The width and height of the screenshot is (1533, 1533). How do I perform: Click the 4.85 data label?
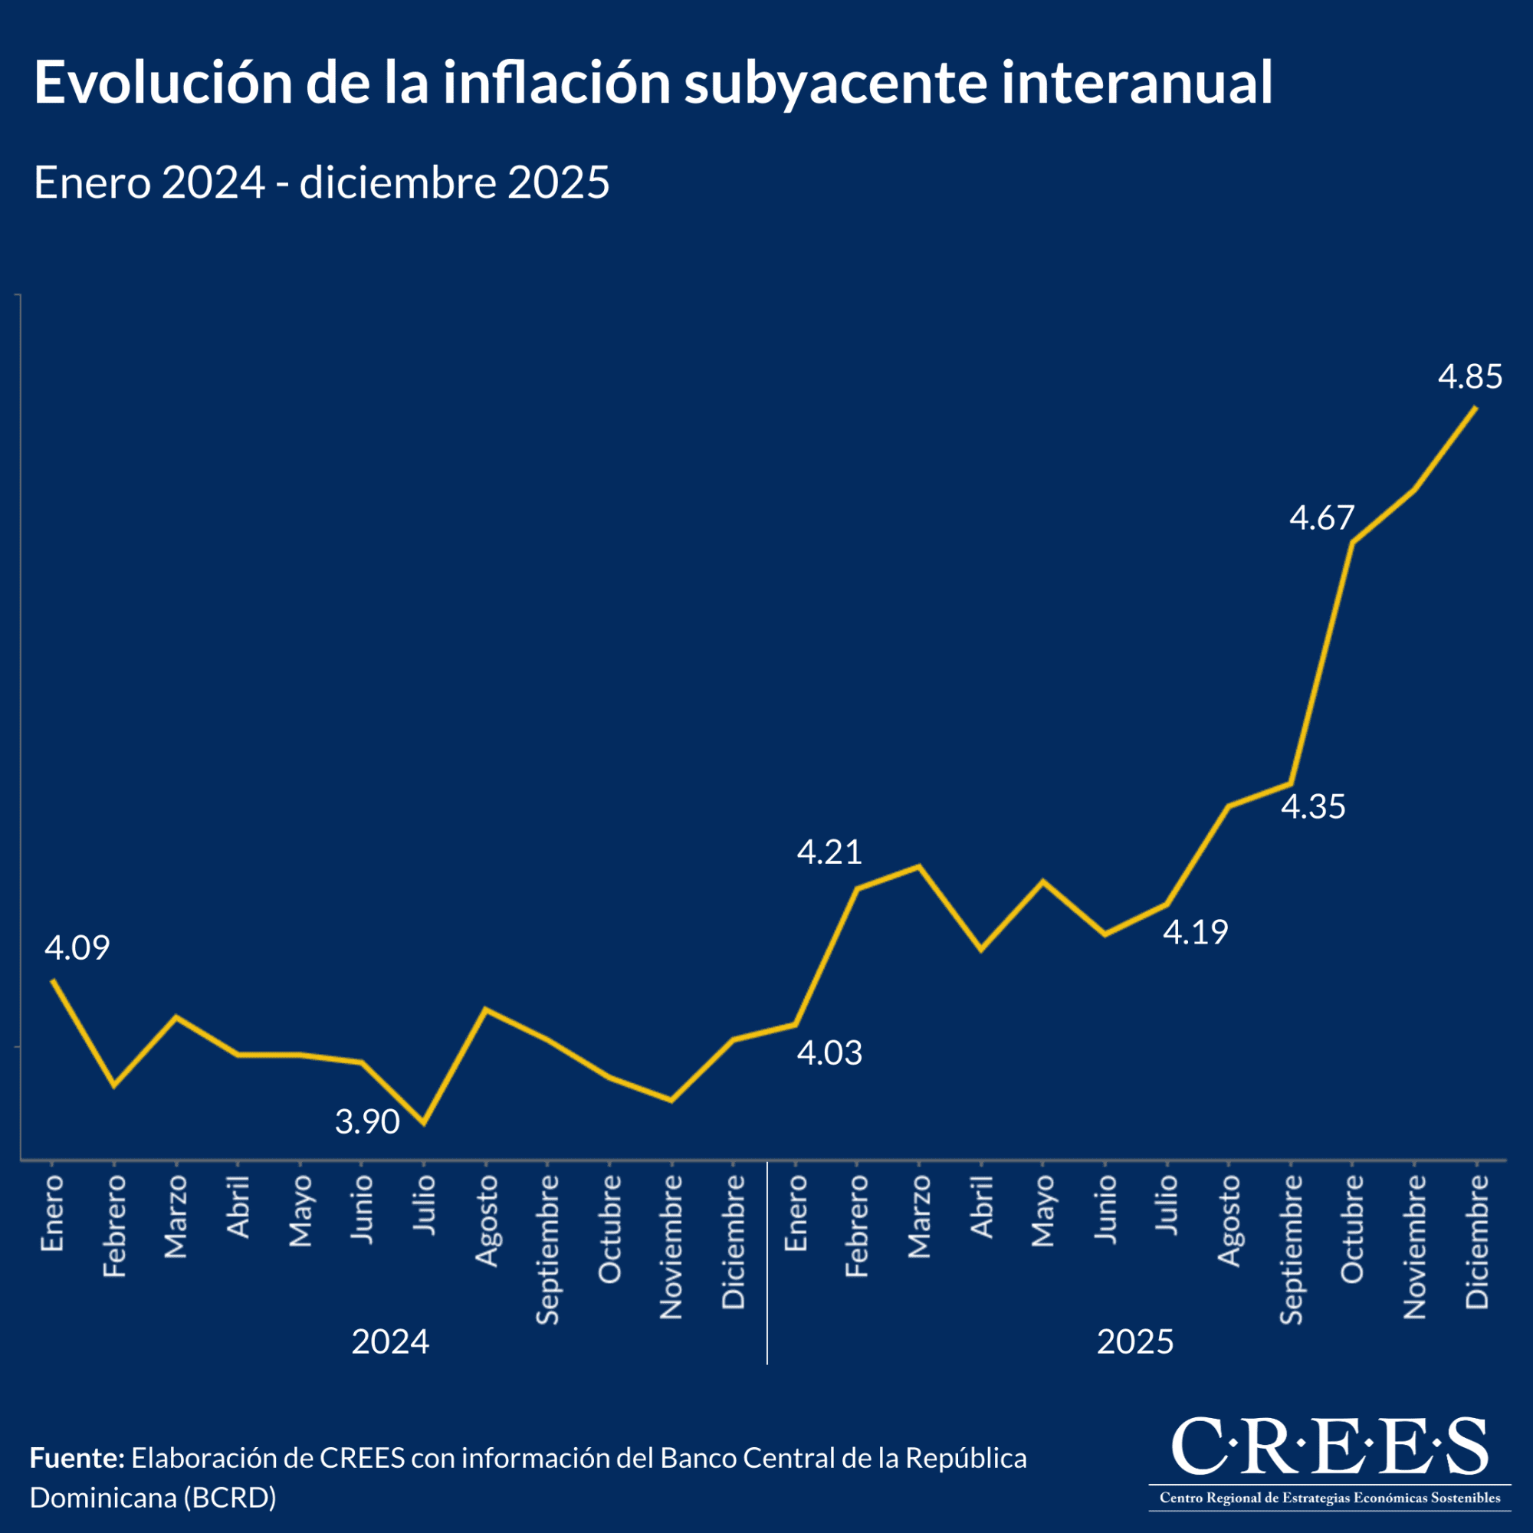tap(1470, 377)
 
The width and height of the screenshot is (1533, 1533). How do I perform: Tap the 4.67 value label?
tap(1321, 518)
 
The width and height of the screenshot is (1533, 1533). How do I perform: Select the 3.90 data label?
tap(367, 1122)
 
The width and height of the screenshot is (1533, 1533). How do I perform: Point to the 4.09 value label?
tap(77, 948)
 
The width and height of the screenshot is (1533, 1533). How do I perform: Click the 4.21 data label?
tap(829, 852)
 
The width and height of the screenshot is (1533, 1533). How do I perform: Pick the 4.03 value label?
tap(829, 1053)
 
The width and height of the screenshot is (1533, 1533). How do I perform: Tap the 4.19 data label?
tap(1195, 932)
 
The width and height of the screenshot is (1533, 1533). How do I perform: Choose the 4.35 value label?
tap(1313, 807)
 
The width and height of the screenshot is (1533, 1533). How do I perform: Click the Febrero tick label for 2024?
tap(115, 1226)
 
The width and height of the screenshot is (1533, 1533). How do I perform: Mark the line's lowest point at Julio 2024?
tap(424, 1124)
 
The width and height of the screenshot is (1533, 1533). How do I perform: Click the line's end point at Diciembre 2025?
tap(1476, 407)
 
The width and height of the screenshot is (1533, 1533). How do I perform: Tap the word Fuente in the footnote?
tap(77, 1459)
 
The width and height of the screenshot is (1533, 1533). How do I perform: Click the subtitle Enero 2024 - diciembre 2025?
tap(321, 182)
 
